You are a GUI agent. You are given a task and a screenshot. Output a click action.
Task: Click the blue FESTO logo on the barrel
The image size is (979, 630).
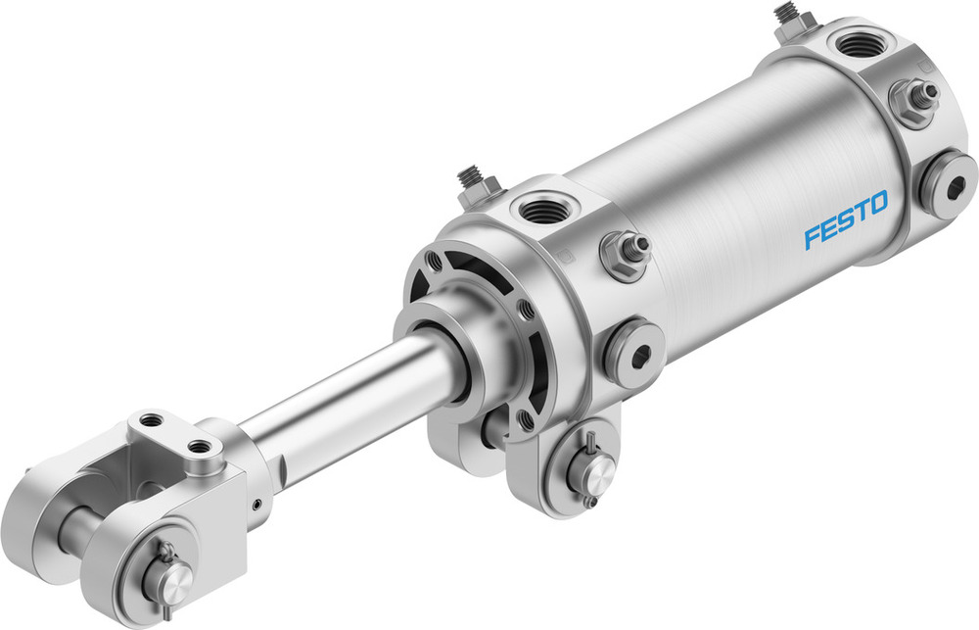[846, 220]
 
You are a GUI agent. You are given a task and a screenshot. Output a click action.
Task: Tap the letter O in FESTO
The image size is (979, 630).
[876, 204]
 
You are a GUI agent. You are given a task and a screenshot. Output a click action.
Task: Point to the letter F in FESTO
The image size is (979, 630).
[813, 237]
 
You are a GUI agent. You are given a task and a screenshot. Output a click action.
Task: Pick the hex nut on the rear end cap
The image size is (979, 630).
[914, 100]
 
